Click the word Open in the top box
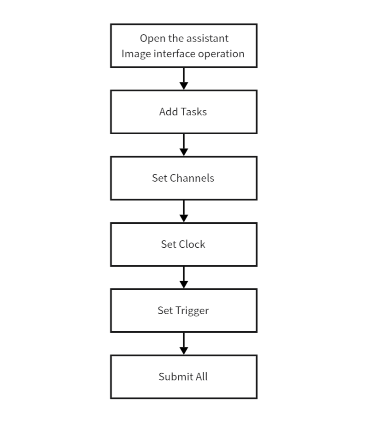coord(149,39)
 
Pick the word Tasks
coord(194,112)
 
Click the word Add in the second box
coord(169,112)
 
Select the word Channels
coord(192,178)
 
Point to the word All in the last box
coord(202,376)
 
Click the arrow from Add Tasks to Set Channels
coord(184,145)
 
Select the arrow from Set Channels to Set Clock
coord(184,211)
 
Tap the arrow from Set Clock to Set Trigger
coord(184,277)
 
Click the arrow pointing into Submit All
coord(184,343)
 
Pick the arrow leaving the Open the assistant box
coord(184,79)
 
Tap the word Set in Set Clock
coord(168,244)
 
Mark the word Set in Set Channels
coord(160,178)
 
